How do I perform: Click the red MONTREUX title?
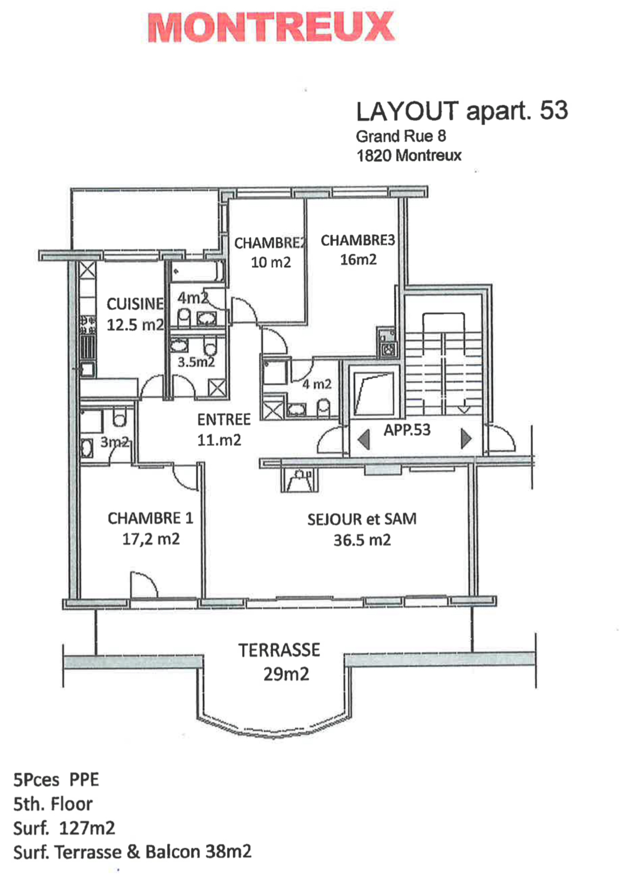point(271,27)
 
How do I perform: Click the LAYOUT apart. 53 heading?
point(461,111)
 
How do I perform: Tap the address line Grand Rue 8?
point(400,136)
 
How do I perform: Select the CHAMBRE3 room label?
point(358,240)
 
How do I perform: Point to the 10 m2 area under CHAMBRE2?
point(271,262)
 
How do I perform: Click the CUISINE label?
point(135,304)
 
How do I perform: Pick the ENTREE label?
point(223,419)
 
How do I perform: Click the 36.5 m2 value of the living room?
point(362,540)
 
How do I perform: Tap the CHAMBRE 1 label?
point(150,518)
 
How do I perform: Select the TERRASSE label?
point(279,650)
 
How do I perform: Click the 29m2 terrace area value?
point(286,674)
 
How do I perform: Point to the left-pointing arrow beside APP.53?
point(364,439)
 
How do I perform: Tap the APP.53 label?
point(407,430)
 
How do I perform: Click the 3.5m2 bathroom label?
point(196,362)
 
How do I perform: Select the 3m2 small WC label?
point(114,442)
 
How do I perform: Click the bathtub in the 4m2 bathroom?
point(196,272)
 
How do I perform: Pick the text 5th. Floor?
point(53,804)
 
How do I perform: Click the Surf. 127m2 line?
point(64,828)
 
